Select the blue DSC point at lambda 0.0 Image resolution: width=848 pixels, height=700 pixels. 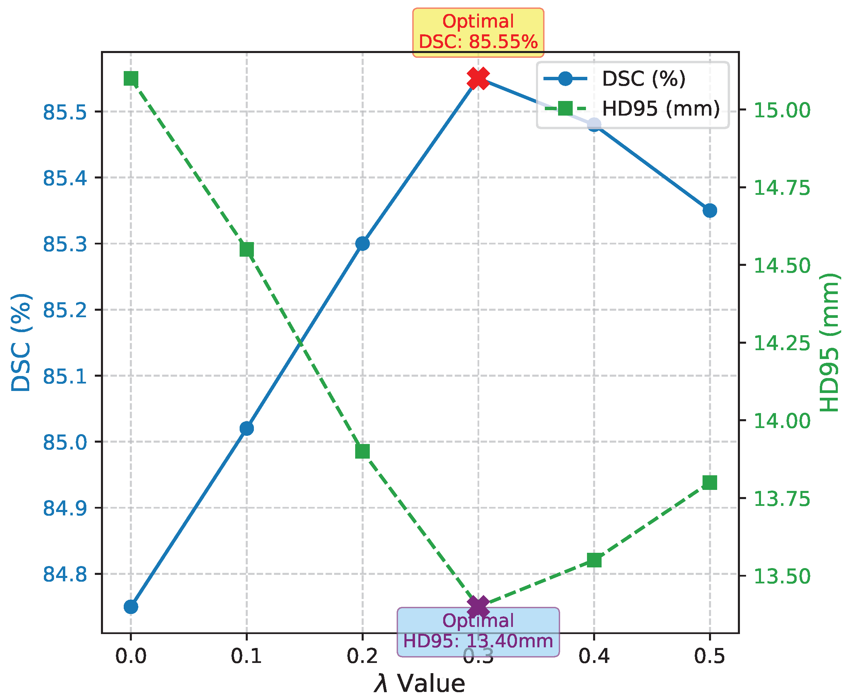[131, 607]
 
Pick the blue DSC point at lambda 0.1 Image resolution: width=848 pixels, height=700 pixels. [247, 428]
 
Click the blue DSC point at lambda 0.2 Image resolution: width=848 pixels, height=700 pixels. [362, 243]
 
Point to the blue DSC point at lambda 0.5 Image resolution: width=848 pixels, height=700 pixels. [710, 210]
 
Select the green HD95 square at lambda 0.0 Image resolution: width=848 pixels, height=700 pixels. [131, 79]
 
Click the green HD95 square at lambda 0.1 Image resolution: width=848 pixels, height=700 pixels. [247, 250]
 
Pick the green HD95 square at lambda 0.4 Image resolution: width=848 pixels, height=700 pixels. [594, 561]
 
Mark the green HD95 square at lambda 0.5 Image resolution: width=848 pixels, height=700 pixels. [710, 483]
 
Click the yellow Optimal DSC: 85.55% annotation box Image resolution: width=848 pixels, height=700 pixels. [478, 32]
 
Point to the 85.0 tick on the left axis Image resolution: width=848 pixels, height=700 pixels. [65, 442]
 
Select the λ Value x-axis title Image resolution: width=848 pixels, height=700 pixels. [419, 683]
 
